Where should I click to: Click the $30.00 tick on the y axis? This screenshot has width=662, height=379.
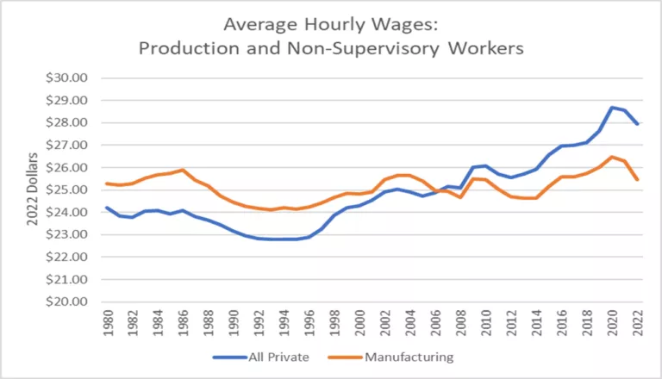click(67, 78)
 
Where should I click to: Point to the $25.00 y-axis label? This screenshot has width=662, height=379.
click(67, 189)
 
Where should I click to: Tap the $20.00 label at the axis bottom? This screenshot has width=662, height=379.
click(67, 301)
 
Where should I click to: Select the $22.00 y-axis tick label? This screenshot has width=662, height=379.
click(67, 257)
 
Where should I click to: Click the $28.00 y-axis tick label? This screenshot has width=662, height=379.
click(67, 122)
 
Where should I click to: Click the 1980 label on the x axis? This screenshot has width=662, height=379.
click(107, 324)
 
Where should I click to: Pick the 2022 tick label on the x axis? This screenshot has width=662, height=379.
click(638, 324)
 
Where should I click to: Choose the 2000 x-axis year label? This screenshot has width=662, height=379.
click(359, 324)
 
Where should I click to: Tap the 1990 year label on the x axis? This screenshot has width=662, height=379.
click(234, 324)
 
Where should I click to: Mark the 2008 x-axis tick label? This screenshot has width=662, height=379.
click(461, 324)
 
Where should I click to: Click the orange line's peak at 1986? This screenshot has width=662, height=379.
click(183, 170)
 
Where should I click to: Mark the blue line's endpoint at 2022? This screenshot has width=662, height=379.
click(638, 124)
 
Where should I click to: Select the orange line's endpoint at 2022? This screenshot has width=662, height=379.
click(638, 180)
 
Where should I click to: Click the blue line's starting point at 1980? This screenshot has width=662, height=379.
click(107, 208)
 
